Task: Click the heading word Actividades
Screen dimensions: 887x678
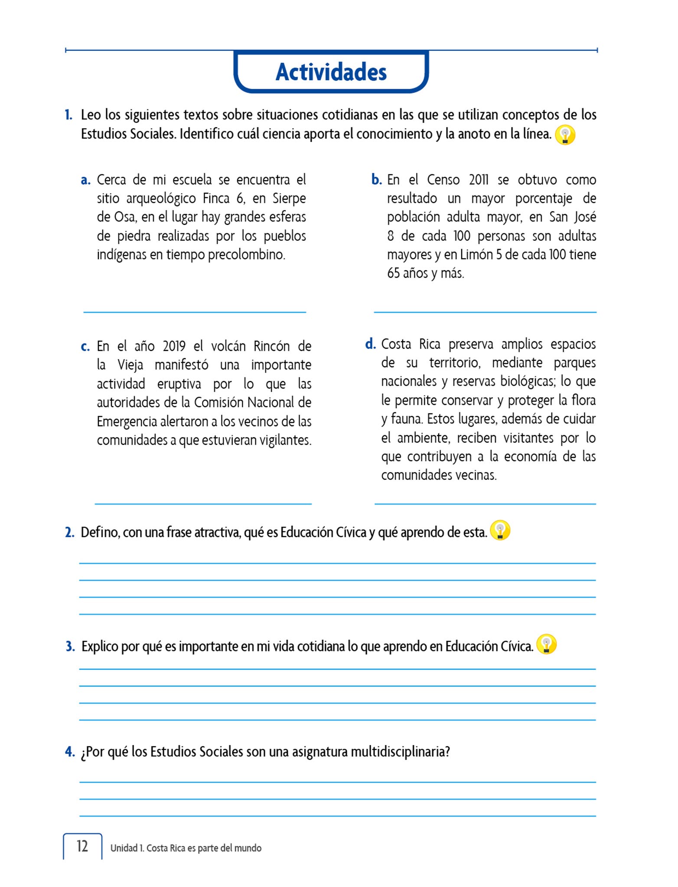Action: (x=331, y=72)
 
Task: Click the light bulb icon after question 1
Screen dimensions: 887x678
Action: (x=565, y=135)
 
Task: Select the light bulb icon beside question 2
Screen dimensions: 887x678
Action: (x=500, y=530)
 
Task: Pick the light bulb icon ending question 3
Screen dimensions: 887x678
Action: (x=546, y=644)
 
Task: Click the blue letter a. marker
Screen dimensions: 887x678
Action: (x=86, y=180)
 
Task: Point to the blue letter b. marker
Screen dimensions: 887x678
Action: (x=376, y=180)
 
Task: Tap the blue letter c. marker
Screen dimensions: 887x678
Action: (x=85, y=347)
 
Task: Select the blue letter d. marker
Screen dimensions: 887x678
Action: (x=370, y=344)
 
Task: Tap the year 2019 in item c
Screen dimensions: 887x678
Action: (x=174, y=346)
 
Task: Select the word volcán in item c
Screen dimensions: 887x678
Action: (x=228, y=346)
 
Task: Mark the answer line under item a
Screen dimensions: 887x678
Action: (x=195, y=311)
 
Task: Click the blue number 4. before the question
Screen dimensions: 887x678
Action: (x=70, y=752)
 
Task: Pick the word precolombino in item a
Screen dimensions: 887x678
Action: (x=247, y=255)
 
